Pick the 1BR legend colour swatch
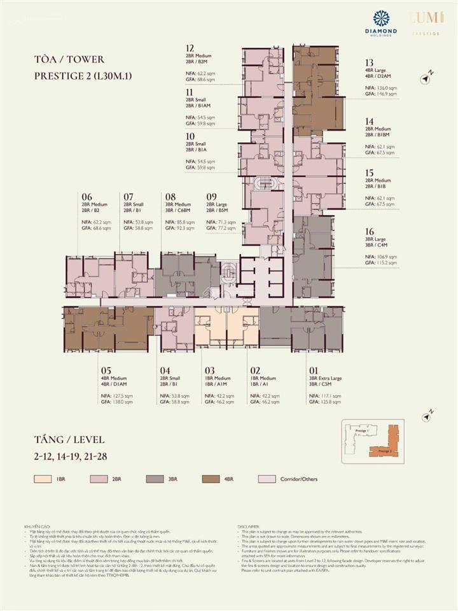[44, 479]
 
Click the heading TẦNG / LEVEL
[69, 439]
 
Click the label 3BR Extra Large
[325, 378]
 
